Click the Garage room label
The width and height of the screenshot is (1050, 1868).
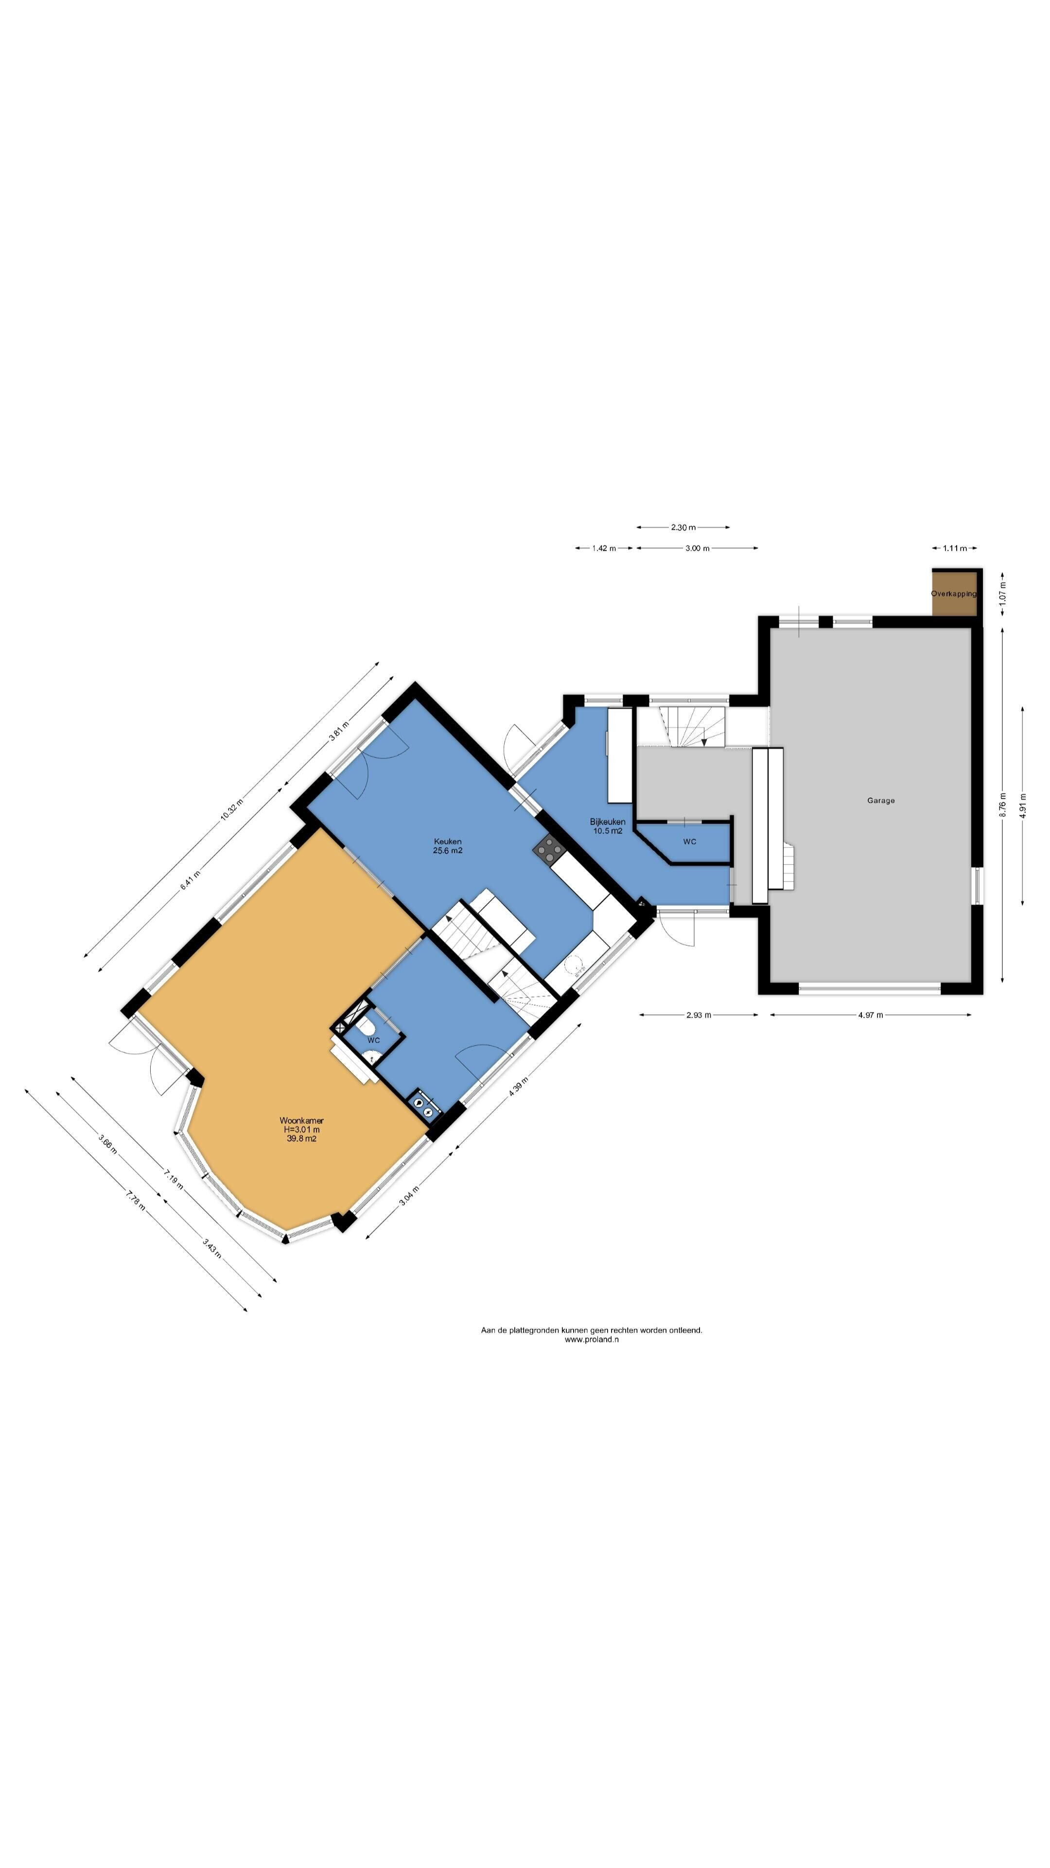tap(880, 801)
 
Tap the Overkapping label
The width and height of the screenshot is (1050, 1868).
tap(954, 593)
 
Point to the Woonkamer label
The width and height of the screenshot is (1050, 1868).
tap(301, 1120)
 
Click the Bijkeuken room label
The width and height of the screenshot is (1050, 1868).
tap(607, 822)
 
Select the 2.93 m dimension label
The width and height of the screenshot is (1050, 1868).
tap(699, 1015)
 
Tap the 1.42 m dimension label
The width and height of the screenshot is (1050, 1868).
tap(604, 548)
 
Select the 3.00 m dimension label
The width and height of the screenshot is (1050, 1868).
tap(697, 548)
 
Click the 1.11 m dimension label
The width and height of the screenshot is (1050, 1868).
tap(955, 548)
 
